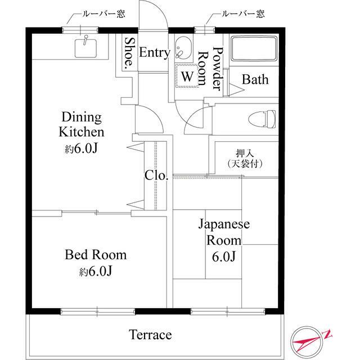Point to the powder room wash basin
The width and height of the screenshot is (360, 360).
click(x=183, y=51)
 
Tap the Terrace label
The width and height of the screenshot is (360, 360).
click(x=150, y=335)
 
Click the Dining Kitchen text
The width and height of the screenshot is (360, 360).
click(x=82, y=125)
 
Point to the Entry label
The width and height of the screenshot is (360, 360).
click(x=154, y=53)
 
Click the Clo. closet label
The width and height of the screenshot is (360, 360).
click(x=156, y=175)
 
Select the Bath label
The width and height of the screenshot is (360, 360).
click(x=255, y=79)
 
